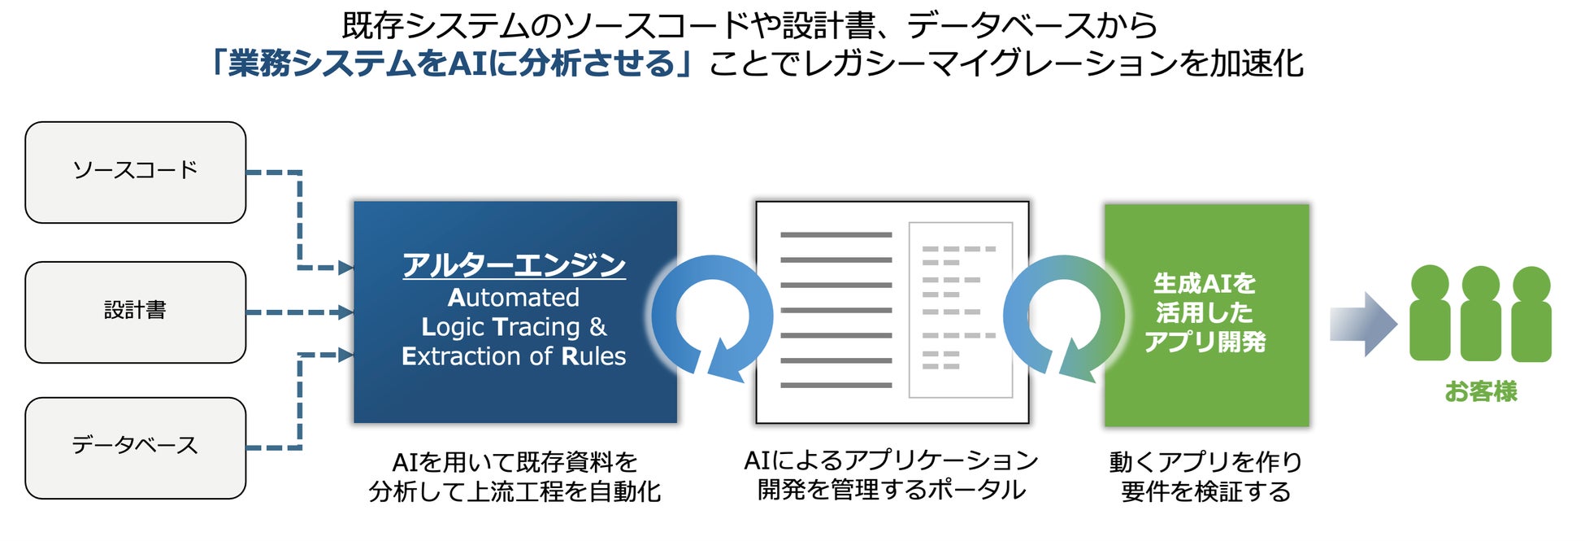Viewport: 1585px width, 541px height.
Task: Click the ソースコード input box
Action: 135,172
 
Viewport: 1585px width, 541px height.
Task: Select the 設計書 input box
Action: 135,312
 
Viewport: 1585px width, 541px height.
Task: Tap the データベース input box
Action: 135,447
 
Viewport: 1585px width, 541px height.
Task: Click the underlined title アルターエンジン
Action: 514,265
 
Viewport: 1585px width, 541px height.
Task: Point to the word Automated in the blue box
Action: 514,298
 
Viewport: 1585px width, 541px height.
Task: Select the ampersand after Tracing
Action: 598,327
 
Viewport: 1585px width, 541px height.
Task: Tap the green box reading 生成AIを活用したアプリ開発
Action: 1206,314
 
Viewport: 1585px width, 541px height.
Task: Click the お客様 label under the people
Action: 1480,392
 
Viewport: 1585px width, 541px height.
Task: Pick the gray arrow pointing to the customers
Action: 1362,324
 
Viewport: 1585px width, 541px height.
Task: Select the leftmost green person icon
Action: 1430,313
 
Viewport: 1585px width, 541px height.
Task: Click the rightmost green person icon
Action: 1531,313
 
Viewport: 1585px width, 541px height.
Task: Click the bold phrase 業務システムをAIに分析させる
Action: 452,63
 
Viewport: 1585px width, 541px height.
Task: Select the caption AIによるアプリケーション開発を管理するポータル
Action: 892,475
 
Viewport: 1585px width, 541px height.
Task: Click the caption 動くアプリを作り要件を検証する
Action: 1206,477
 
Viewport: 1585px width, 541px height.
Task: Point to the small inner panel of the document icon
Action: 960,310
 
